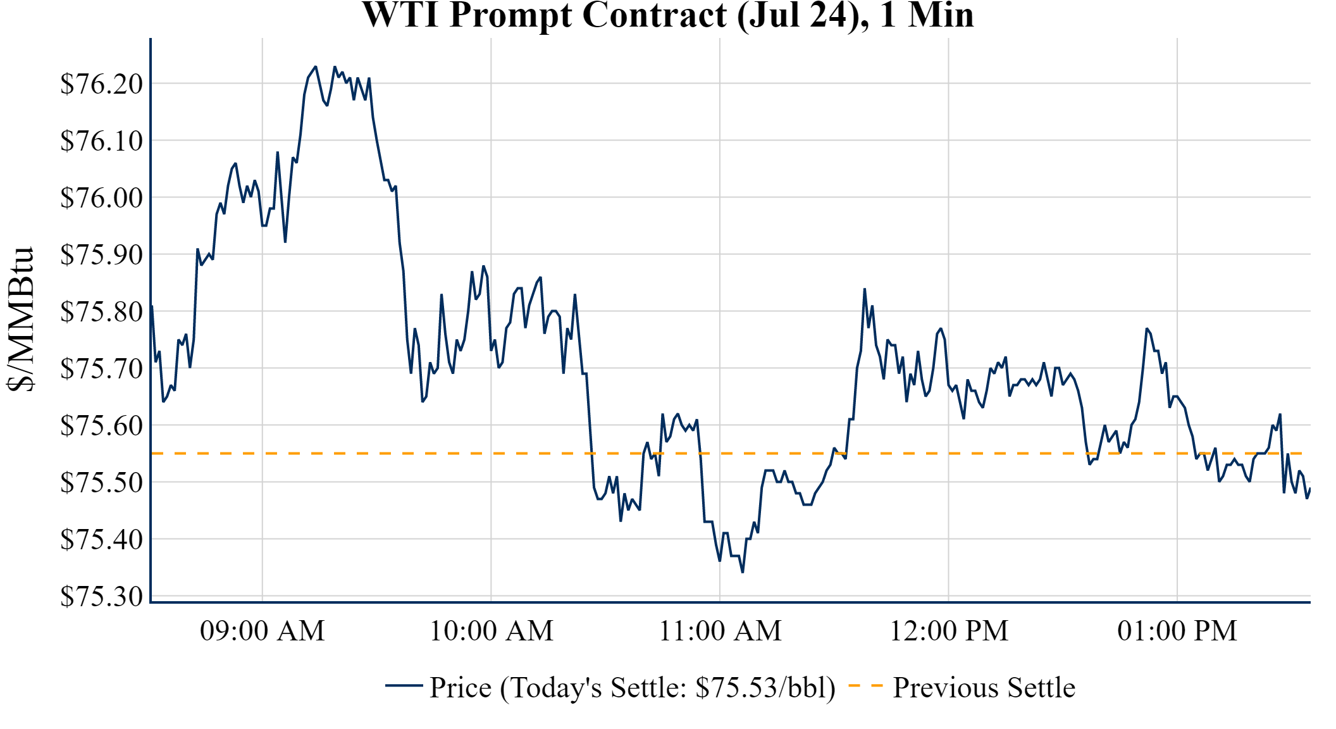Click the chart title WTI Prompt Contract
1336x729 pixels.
667,15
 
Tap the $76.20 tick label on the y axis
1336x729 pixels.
101,84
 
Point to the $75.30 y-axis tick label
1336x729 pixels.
101,596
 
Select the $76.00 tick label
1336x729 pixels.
101,197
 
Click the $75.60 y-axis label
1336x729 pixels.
101,425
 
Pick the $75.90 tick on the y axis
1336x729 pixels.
101,254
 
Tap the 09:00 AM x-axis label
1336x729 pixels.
263,631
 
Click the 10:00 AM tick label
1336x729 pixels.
492,631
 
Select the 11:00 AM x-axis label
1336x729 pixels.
720,631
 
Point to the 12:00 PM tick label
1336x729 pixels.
949,631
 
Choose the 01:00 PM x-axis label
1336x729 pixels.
1177,631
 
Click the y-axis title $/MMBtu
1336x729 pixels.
20,320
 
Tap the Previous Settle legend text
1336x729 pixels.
984,688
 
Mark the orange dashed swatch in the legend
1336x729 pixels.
865,685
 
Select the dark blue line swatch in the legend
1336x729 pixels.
404,685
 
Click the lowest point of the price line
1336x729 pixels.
743,572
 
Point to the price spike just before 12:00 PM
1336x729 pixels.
865,289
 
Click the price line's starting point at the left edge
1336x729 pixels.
152,306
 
